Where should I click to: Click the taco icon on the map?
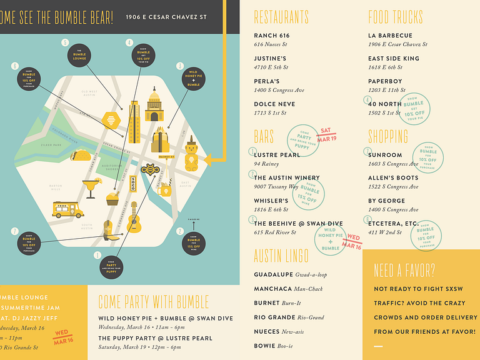click(x=82, y=155)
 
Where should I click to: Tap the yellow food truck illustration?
click(x=67, y=209)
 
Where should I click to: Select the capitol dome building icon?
click(x=154, y=105)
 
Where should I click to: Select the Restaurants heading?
click(x=281, y=17)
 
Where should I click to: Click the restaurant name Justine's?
click(x=271, y=59)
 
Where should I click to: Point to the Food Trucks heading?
click(x=395, y=17)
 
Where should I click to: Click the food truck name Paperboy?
click(x=386, y=81)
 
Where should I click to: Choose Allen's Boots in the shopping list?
click(x=393, y=178)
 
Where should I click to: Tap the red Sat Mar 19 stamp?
click(x=326, y=134)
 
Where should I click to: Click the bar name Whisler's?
click(x=271, y=201)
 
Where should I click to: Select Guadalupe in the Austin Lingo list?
click(x=275, y=274)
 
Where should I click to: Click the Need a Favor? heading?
click(x=404, y=270)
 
